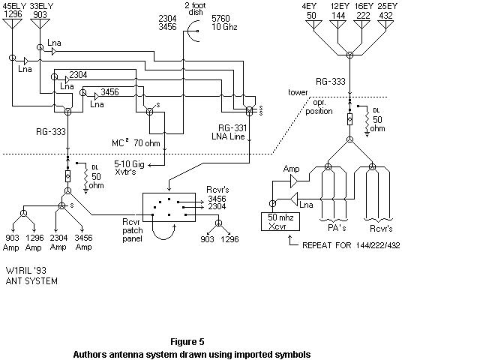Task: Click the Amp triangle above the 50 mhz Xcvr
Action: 294,181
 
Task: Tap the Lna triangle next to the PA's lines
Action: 294,199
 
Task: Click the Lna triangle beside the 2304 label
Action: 67,79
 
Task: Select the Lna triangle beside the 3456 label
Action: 97,97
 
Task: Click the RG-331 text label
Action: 232,127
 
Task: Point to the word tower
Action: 298,92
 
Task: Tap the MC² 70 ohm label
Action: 136,142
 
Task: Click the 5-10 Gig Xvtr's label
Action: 129,168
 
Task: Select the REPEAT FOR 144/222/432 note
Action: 351,245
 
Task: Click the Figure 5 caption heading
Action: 187,342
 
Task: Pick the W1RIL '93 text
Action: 26,271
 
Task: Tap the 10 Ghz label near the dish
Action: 224,27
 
